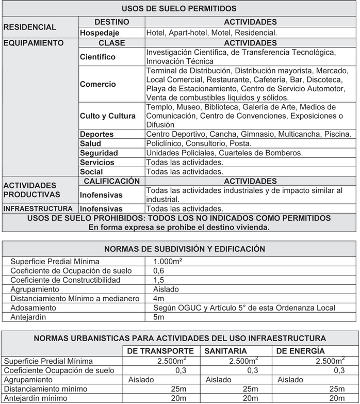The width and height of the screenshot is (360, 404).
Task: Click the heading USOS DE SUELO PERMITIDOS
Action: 179,9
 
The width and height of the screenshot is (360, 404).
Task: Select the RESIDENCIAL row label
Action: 29,27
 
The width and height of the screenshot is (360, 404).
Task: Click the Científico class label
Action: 98,57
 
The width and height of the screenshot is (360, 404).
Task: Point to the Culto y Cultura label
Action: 108,116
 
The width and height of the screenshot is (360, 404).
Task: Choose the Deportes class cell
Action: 97,134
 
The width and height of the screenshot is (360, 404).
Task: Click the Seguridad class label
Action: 99,153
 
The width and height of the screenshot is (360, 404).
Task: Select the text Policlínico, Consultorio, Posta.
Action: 199,143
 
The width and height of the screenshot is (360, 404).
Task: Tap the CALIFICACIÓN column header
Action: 112,181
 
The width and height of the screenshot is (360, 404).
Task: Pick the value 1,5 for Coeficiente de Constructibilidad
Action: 159,280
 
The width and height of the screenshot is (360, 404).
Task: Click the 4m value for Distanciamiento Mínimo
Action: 158,299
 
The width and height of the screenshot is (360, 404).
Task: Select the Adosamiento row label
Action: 34,308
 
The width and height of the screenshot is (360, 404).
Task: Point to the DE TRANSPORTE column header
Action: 160,351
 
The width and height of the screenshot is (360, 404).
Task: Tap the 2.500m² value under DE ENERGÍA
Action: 330,361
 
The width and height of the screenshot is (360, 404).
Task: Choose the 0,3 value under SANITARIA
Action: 252,370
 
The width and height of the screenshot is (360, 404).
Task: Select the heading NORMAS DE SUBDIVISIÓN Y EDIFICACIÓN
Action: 185,249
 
